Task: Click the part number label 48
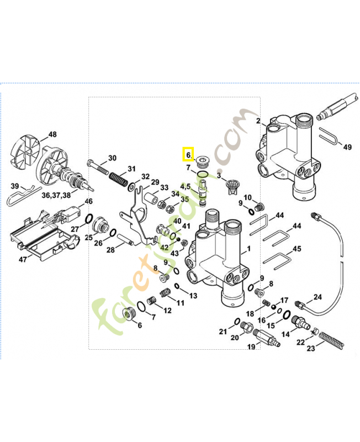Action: coord(52,134)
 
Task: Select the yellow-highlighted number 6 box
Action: coord(188,156)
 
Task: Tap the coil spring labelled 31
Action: coord(117,178)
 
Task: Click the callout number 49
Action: coord(347,147)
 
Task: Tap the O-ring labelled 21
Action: coord(237,322)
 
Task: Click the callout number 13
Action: coord(193,296)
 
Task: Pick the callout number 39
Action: coord(15,186)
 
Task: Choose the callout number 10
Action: coord(247,198)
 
